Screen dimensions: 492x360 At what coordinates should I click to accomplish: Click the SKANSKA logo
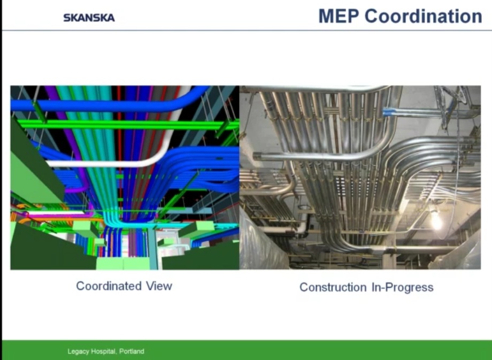pos(89,18)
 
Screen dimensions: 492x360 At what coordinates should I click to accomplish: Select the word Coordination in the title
pos(424,16)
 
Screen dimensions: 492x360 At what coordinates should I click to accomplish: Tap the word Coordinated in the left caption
pos(109,286)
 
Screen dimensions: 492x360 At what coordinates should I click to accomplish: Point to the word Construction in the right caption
pos(333,287)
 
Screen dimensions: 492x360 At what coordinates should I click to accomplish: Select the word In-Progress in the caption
pos(403,287)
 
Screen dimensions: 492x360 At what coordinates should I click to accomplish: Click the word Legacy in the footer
pos(79,351)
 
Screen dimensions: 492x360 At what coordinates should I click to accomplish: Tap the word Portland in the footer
pos(132,351)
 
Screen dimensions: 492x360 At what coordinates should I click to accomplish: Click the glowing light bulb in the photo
pos(436,220)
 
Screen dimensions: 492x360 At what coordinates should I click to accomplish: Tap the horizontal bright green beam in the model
pos(126,125)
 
